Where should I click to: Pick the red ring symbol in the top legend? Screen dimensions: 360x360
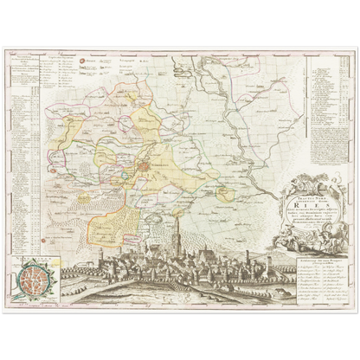coord(84,62)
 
